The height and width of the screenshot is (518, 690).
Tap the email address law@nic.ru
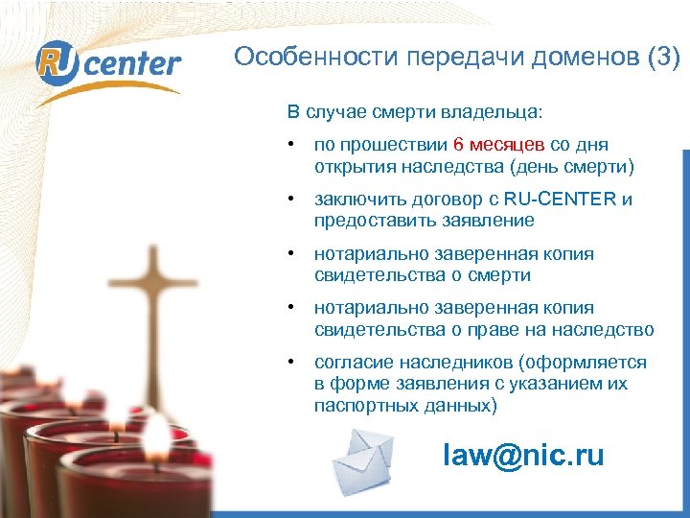[x=523, y=456]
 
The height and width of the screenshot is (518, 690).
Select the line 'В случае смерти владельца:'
[x=414, y=112]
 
